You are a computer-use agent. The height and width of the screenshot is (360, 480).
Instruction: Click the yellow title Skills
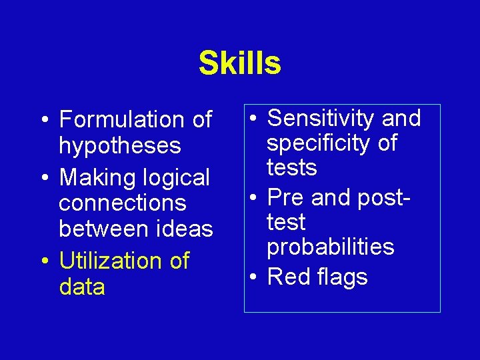239,63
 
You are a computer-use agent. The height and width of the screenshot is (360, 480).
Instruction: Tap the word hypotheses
120,145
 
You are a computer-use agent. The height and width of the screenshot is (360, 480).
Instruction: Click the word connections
123,203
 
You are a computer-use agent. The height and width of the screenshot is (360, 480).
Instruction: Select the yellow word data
82,287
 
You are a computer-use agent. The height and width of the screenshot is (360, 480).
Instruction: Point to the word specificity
319,143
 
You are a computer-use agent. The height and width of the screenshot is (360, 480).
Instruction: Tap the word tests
292,167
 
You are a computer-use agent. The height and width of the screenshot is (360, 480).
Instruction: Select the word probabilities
331,247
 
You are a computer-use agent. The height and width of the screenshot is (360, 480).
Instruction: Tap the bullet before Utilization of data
44,261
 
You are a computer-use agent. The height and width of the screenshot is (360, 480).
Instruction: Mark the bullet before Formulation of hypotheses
44,121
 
